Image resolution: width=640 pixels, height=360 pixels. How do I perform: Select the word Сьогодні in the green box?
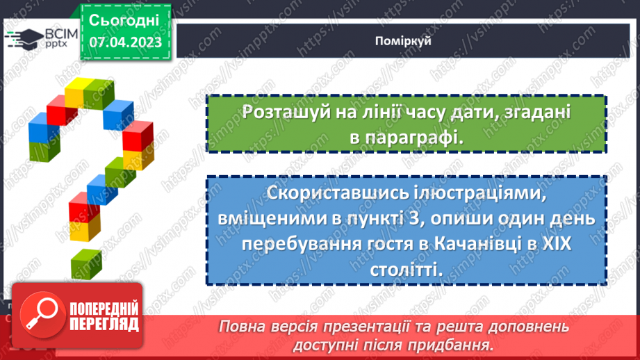point(125,19)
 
